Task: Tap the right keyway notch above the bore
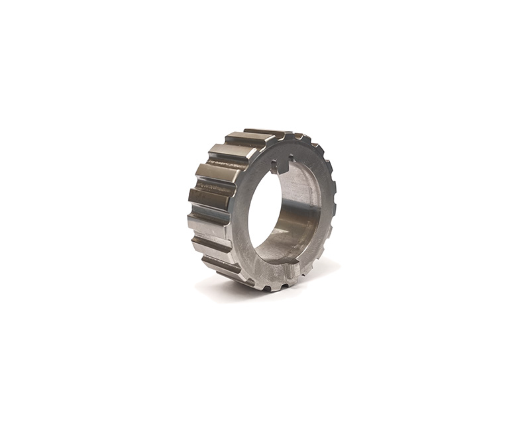[291, 159]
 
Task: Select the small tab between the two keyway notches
[283, 161]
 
